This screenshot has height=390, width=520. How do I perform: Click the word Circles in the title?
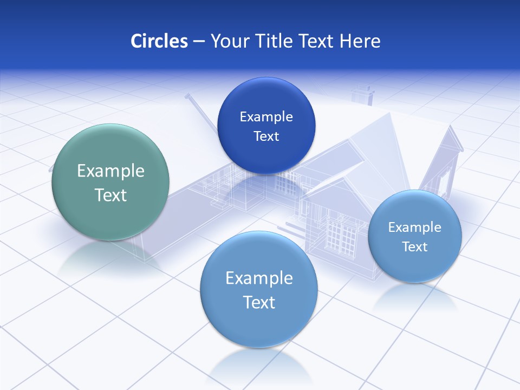click(159, 41)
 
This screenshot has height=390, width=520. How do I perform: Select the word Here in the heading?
click(360, 41)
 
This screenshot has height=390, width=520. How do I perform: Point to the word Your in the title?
click(229, 41)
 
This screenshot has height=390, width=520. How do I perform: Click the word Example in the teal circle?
click(110, 171)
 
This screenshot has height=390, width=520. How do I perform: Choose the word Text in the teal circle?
click(110, 195)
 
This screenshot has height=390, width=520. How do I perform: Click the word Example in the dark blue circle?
click(266, 117)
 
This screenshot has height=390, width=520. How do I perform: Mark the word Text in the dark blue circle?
click(266, 136)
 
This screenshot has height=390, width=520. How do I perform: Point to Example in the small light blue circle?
click(415, 227)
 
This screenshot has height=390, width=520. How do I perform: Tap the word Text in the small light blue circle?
click(415, 247)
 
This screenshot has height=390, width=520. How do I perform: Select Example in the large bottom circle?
click(259, 278)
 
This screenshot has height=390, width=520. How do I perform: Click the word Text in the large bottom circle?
click(259, 302)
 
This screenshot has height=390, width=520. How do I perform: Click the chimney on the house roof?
click(362, 95)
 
